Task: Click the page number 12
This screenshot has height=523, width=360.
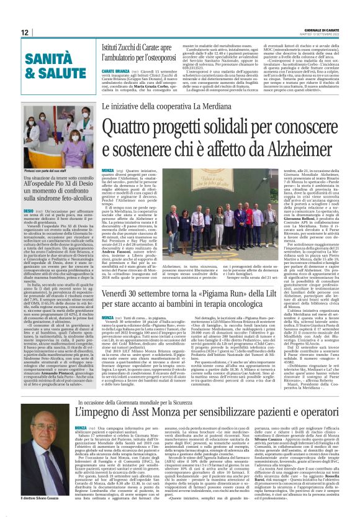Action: click(x=25, y=32)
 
